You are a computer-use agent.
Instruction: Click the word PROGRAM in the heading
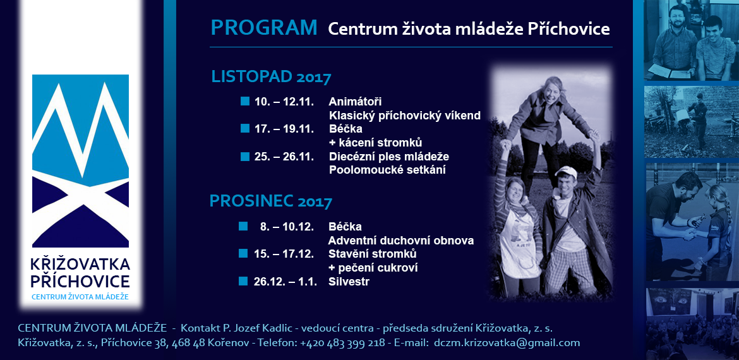[264, 28]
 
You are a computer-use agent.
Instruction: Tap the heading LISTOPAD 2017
[272, 76]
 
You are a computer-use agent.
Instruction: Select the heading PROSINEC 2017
[271, 201]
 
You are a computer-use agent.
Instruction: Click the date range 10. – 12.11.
[284, 102]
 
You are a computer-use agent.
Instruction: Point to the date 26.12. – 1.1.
[284, 282]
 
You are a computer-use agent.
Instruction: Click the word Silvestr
[349, 282]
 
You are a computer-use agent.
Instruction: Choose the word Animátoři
[355, 102]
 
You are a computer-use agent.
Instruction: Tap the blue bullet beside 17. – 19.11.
[244, 128]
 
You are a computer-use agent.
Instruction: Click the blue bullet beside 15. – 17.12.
[243, 253]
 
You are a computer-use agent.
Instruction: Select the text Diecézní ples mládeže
[389, 156]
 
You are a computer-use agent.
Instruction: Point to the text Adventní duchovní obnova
[401, 240]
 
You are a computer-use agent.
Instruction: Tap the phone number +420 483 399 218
[342, 343]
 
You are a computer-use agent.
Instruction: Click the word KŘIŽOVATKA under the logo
[80, 265]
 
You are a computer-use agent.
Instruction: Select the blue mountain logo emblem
[81, 160]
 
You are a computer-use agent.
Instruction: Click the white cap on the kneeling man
[566, 172]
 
